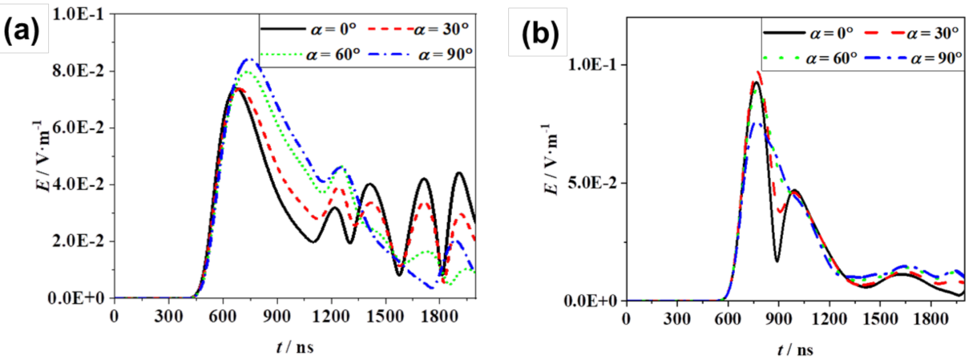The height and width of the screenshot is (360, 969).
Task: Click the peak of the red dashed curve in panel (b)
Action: point(757,73)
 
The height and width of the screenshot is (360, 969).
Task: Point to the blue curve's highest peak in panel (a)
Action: point(249,59)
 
